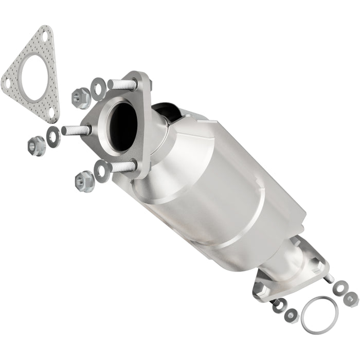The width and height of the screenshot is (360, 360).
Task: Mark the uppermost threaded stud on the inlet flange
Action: [123, 84]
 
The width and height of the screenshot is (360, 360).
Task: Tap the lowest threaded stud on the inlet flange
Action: [122, 167]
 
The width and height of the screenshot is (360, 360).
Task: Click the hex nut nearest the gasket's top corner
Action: [80, 97]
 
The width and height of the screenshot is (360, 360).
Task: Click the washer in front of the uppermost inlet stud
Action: [98, 88]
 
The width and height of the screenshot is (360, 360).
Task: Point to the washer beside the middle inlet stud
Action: [53, 135]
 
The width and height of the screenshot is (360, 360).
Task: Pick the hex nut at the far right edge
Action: [352, 298]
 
